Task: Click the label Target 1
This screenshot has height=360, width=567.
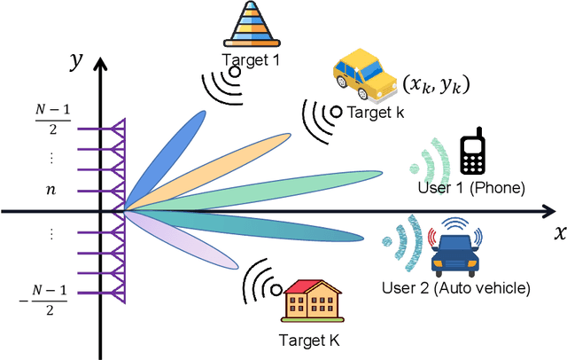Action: [250, 59]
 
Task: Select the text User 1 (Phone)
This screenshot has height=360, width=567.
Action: [471, 188]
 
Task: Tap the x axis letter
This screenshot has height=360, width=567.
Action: [559, 234]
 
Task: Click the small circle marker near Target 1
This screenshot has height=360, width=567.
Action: [235, 71]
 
